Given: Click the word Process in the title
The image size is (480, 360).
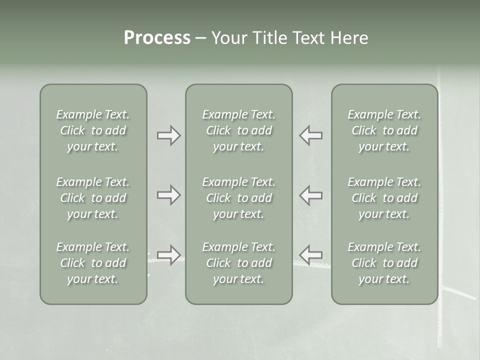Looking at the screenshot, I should pos(157,38).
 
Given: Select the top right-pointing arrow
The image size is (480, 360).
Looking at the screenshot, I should pos(168,135).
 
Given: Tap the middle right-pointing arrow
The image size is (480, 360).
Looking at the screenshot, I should pos(168,194).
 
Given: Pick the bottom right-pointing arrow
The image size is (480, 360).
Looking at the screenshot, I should pos(168,254).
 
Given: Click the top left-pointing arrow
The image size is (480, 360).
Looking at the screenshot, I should pos(310,135).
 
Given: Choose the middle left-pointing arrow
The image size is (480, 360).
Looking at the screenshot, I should pos(310,194).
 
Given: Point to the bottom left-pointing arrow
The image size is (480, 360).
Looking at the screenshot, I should pos(310,254).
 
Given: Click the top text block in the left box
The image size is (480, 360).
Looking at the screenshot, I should pos(93,130).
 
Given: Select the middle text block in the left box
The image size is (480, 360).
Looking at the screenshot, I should pos(93,198).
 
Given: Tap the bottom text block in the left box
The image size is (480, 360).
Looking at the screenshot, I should pos(93,263).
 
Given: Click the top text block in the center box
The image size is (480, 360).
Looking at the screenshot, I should pos(239,130).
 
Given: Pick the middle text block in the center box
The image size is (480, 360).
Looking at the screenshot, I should pos(239,198).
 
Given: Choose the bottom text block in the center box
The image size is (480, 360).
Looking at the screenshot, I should pos(239,263).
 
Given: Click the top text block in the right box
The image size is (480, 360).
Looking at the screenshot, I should pos(384,130).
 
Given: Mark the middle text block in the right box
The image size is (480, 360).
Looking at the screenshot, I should pos(384,198).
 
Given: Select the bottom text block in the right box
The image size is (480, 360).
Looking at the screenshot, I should pos(384,263).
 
